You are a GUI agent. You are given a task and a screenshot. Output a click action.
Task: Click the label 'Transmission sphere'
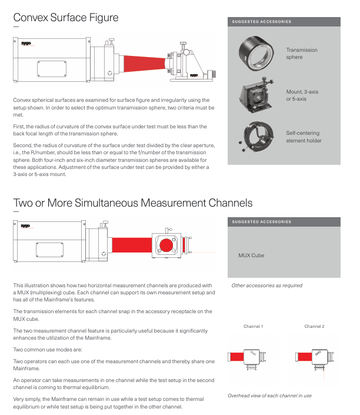point(301,54)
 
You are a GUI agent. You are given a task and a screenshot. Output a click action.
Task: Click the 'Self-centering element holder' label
point(304,137)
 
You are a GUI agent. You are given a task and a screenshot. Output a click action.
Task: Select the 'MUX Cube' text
point(251,255)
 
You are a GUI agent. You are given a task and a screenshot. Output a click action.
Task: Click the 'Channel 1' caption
point(253,326)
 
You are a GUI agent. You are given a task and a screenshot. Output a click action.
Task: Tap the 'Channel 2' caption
point(314,326)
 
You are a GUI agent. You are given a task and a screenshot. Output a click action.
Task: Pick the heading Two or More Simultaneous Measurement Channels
point(132,203)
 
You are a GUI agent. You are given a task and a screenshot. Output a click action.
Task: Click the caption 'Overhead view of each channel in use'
point(269,396)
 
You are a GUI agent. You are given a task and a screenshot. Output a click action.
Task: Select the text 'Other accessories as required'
point(266,285)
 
